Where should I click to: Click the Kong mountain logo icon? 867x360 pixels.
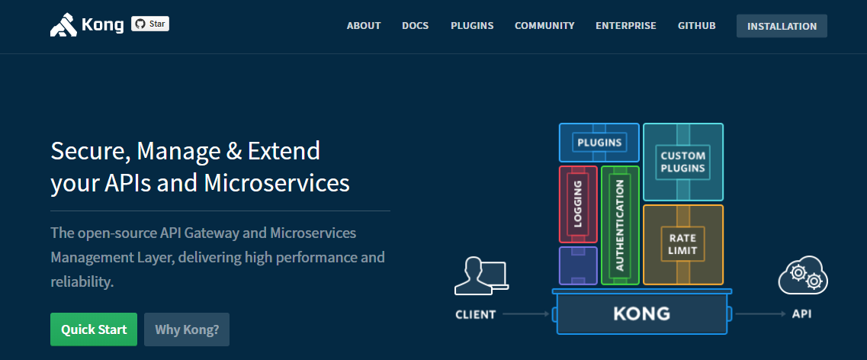[63, 26]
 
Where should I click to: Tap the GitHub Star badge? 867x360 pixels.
[150, 24]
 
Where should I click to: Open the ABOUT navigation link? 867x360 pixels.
[364, 26]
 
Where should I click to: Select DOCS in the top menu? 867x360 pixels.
[416, 26]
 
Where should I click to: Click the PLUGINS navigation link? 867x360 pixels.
[472, 26]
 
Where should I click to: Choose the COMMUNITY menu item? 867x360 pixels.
[544, 26]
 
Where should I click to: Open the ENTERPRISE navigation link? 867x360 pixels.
[626, 26]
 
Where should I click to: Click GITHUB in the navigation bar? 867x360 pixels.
[697, 26]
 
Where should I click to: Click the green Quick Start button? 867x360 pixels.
[94, 329]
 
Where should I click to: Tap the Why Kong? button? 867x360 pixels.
[187, 329]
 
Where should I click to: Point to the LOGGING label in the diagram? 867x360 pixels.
[578, 204]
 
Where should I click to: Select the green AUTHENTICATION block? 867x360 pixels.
[619, 225]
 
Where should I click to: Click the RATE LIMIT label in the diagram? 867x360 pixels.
[682, 244]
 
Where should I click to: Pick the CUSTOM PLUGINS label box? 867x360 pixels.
[682, 162]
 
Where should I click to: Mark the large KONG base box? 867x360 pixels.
[641, 313]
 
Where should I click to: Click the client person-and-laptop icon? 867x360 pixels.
[480, 276]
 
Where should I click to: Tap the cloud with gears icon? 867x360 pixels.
[803, 276]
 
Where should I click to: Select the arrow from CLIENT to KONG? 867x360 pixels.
[526, 313]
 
